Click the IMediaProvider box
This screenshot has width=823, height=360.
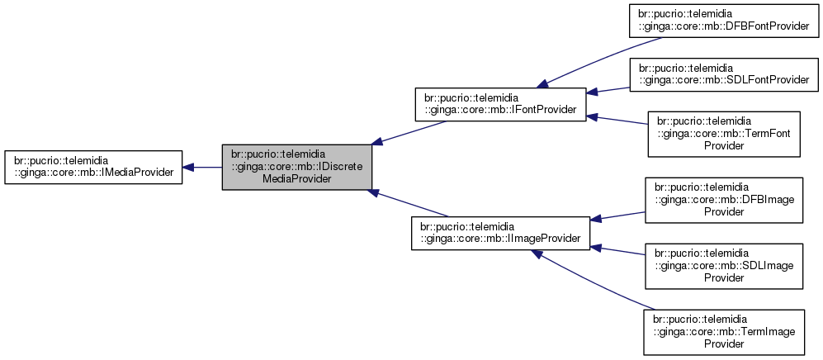[92, 167]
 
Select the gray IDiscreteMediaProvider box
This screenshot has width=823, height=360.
[296, 166]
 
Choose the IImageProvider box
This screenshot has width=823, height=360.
[500, 233]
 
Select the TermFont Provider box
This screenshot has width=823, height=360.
[723, 134]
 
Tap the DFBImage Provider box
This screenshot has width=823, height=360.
[723, 200]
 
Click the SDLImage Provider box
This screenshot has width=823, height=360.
[723, 265]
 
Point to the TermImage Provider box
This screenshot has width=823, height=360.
[723, 331]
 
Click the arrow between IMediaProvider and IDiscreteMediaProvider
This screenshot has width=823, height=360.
[202, 167]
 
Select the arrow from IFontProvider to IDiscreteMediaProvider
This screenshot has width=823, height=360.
[413, 131]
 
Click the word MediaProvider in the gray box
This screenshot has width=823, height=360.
[296, 177]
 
